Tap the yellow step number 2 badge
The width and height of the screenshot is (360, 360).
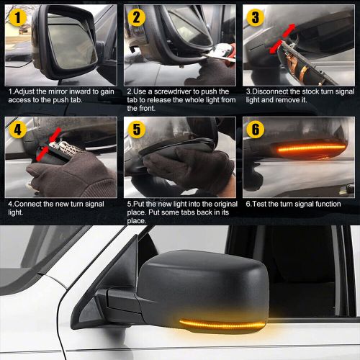[x=136, y=17]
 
